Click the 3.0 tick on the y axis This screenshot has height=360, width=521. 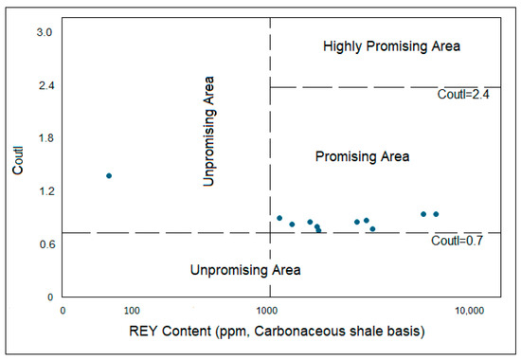[45, 32]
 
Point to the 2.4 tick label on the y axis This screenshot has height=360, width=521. [45, 85]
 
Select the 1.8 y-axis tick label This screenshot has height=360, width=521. [45, 138]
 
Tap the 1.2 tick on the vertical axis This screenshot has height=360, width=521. [45, 191]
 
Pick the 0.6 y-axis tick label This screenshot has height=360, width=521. [45, 244]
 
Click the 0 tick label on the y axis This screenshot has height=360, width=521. [47, 297]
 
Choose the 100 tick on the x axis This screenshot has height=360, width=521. [132, 311]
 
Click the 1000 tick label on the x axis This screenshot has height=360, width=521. [270, 311]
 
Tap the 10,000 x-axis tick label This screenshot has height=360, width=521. [471, 311]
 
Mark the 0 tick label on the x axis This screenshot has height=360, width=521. [63, 311]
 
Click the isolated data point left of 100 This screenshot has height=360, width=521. [109, 175]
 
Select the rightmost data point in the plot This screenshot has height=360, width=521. [436, 214]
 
